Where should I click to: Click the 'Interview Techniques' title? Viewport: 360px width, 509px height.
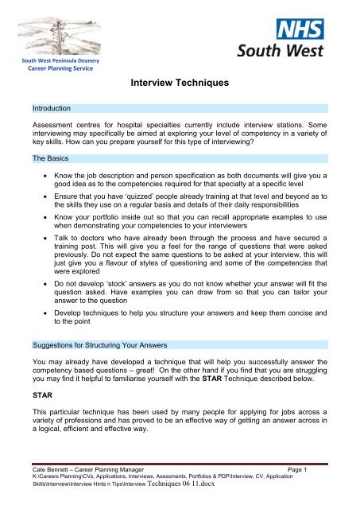pyautogui.click(x=179, y=81)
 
